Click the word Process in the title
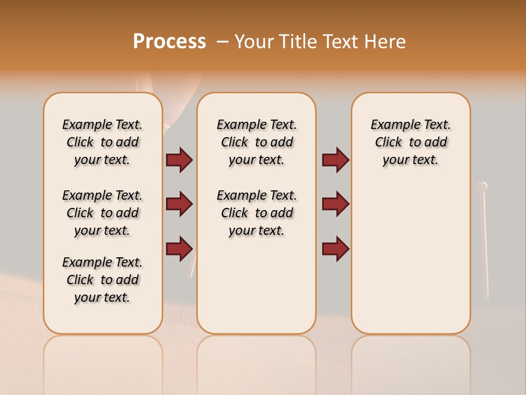pos(169,41)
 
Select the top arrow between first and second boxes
pos(179,160)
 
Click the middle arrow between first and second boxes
pos(179,204)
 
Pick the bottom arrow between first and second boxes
pos(179,249)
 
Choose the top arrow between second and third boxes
pos(335,160)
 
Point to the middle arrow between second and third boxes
pos(335,204)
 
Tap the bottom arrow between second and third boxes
pos(335,249)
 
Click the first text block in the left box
pos(102,142)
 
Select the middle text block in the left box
pos(102,213)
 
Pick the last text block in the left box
pos(102,280)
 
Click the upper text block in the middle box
pos(256,142)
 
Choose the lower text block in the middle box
pos(256,213)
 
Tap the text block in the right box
pos(410,142)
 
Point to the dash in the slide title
pos(222,42)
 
